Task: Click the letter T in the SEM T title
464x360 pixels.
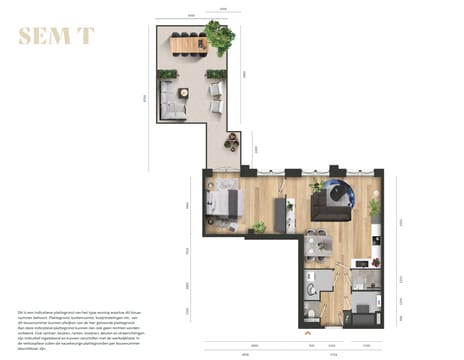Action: point(87,36)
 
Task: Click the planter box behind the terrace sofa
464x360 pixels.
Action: point(167,75)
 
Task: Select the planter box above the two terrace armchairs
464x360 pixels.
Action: point(213,73)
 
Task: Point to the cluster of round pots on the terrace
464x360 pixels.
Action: point(233,143)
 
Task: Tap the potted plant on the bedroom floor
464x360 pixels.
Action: point(259,228)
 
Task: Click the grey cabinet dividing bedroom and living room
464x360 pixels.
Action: point(281,211)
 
